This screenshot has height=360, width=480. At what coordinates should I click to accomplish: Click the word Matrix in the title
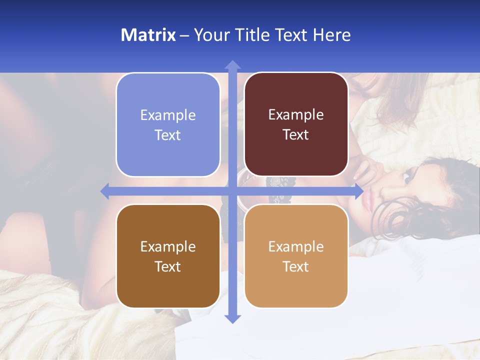click(148, 35)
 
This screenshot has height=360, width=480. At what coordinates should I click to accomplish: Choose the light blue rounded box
click(168, 124)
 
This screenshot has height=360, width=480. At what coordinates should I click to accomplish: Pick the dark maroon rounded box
click(296, 124)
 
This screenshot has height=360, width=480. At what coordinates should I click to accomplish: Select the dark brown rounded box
click(168, 256)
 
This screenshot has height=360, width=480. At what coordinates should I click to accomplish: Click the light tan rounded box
click(296, 256)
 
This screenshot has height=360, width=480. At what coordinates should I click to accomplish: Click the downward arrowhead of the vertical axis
click(232, 318)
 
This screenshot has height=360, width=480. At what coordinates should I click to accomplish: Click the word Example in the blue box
click(168, 115)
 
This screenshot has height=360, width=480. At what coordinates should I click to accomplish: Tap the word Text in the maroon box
click(296, 134)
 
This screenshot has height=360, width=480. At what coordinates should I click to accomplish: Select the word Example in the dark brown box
click(168, 246)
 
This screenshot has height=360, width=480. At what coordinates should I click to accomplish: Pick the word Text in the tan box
click(296, 266)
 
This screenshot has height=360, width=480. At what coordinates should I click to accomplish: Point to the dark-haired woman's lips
click(369, 200)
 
